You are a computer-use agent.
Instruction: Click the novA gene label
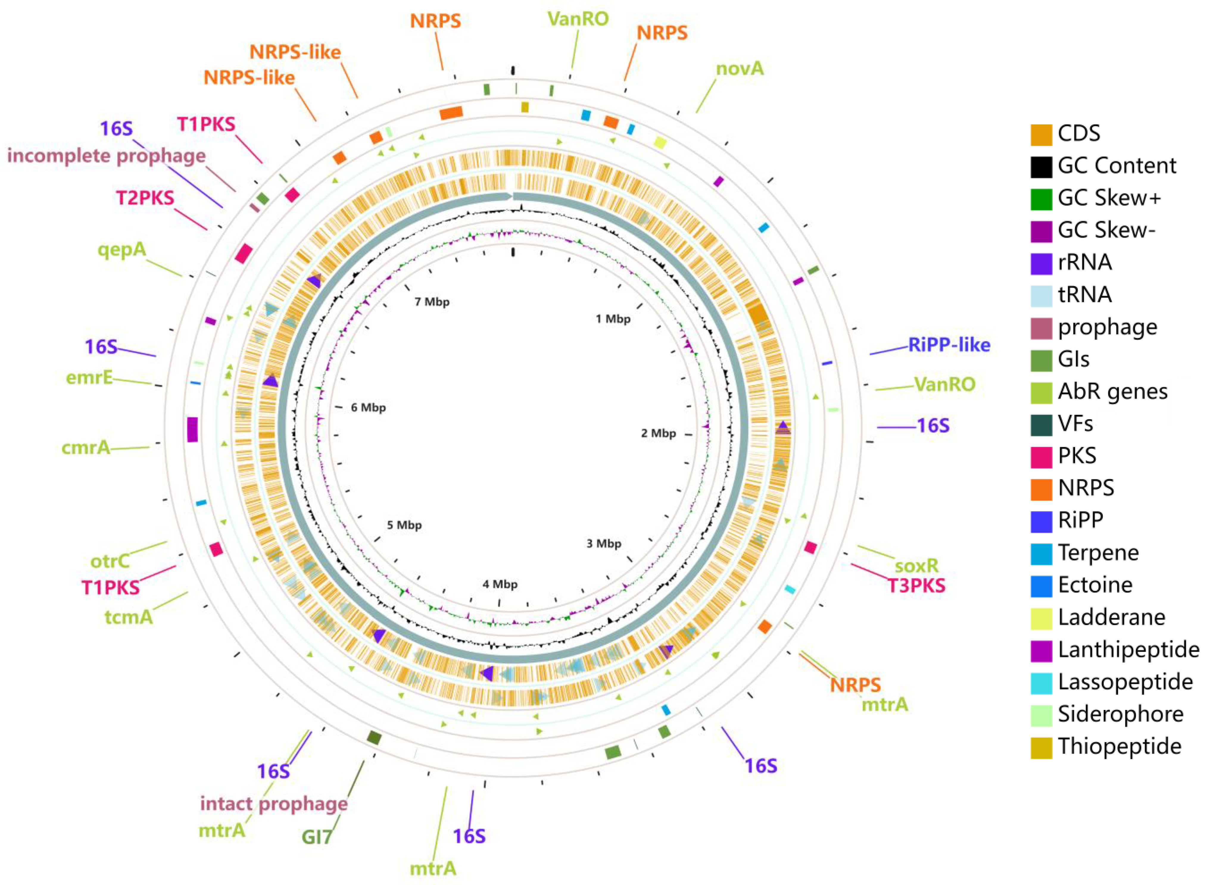click(x=740, y=68)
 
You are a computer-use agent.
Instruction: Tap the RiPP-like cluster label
click(x=949, y=345)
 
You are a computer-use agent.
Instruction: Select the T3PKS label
click(x=917, y=585)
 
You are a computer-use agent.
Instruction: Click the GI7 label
click(x=316, y=837)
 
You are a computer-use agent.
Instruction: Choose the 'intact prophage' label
click(x=274, y=804)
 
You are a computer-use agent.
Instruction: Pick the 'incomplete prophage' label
click(x=106, y=156)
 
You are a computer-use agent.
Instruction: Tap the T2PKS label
click(x=145, y=198)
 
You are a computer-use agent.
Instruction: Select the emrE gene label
click(x=89, y=378)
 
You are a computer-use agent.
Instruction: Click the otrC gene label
click(x=110, y=561)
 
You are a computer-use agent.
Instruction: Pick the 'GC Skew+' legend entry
click(x=1108, y=198)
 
